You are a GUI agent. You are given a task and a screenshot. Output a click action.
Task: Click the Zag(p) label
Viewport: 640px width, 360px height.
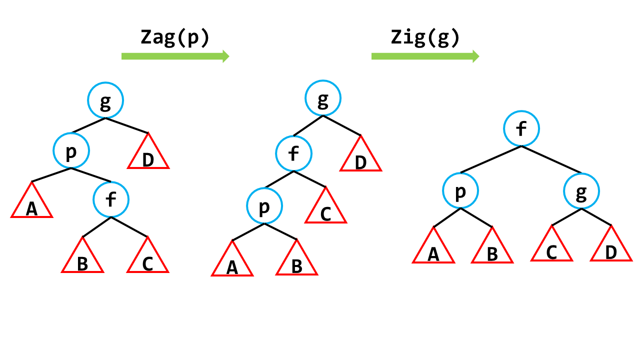175,38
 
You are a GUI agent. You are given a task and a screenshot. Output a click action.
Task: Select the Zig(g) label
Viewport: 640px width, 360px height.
425,38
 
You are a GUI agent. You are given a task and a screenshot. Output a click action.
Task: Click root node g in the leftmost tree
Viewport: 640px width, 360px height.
105,100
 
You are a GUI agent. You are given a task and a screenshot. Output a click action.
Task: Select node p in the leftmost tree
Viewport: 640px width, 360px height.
71,150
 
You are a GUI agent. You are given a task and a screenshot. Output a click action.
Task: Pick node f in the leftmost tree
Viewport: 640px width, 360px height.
111,199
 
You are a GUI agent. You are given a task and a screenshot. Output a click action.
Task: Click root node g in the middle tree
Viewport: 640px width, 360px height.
323,98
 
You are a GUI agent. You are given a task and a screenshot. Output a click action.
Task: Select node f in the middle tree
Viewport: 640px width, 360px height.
293,153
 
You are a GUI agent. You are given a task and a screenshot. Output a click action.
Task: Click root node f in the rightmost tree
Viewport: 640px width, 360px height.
521,128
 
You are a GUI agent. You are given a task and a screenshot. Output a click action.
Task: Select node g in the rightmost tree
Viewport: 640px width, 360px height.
581,191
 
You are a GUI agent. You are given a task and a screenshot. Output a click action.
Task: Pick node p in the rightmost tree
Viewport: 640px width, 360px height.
460,190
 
